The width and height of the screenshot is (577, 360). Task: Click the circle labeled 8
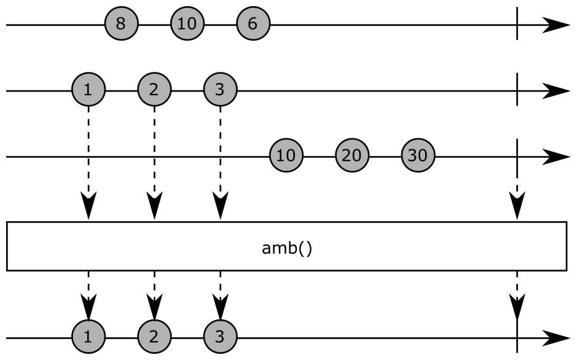coord(121,25)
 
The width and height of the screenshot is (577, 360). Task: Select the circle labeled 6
coord(253,25)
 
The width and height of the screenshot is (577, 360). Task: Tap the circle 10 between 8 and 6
coord(187,25)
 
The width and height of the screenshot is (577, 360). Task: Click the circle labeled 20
coord(351,156)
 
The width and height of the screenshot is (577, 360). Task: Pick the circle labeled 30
coord(418,156)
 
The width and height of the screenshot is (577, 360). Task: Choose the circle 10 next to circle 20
coord(286,156)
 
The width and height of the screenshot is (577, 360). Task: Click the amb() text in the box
coord(286,251)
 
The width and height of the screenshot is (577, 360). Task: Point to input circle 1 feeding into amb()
coord(88,90)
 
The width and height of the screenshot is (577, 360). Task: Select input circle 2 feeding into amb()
coord(154,90)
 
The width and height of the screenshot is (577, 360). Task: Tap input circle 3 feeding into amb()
coord(220,90)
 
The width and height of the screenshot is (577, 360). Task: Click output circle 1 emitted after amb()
coord(88,337)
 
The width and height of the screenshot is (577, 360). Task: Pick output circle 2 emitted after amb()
coord(154,337)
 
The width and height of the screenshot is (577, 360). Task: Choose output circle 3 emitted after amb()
coord(220,337)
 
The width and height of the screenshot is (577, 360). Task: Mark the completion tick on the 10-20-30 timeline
coord(517,156)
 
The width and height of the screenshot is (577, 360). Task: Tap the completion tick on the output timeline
coord(517,337)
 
